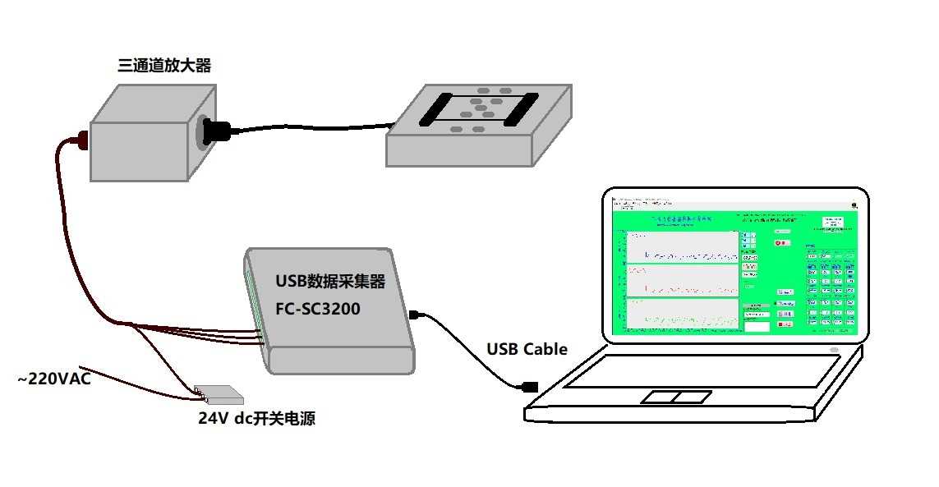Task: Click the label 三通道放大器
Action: (x=164, y=66)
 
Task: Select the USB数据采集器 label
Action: (x=330, y=282)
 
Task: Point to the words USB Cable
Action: (x=527, y=349)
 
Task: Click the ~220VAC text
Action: (x=54, y=379)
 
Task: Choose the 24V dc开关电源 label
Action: (x=256, y=419)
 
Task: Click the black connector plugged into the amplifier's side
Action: (x=218, y=131)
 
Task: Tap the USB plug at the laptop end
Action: (x=530, y=385)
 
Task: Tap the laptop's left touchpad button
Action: (x=659, y=397)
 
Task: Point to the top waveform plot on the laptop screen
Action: (x=682, y=246)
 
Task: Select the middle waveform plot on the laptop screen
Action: (x=682, y=280)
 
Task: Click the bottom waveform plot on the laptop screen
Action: (x=682, y=315)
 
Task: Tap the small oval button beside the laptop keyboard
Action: (x=835, y=351)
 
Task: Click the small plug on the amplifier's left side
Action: (x=81, y=140)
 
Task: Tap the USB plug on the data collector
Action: (x=416, y=314)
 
